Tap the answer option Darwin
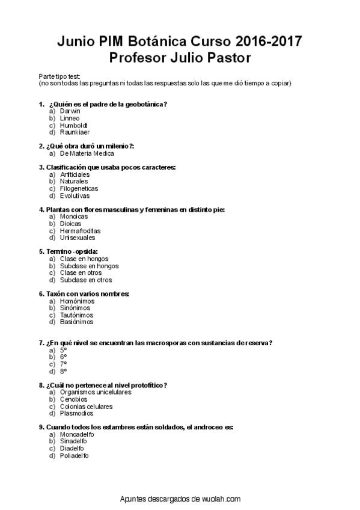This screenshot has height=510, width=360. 70,111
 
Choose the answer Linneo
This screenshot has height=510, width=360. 70,118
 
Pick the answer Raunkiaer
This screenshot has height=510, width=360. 75,132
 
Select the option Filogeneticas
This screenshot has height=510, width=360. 79,188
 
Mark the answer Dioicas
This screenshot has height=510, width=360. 70,223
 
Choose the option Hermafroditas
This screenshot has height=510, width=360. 80,230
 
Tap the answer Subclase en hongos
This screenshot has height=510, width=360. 89,266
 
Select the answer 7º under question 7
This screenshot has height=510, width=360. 63,364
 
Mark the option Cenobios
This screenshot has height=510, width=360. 73,399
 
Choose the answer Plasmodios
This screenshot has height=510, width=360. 76,413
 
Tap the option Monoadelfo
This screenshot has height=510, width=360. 77,434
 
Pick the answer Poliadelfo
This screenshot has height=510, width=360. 75,455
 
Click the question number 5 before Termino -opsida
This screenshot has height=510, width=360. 41,251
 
